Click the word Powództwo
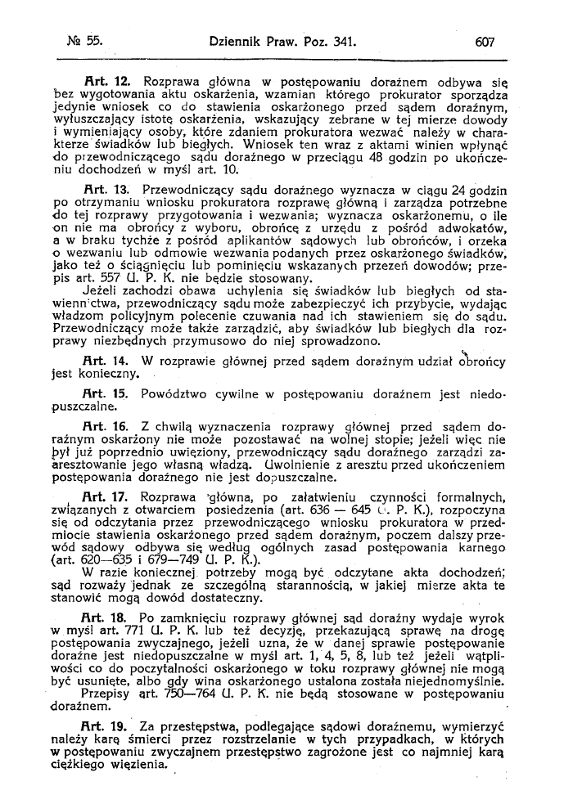(174, 393)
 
